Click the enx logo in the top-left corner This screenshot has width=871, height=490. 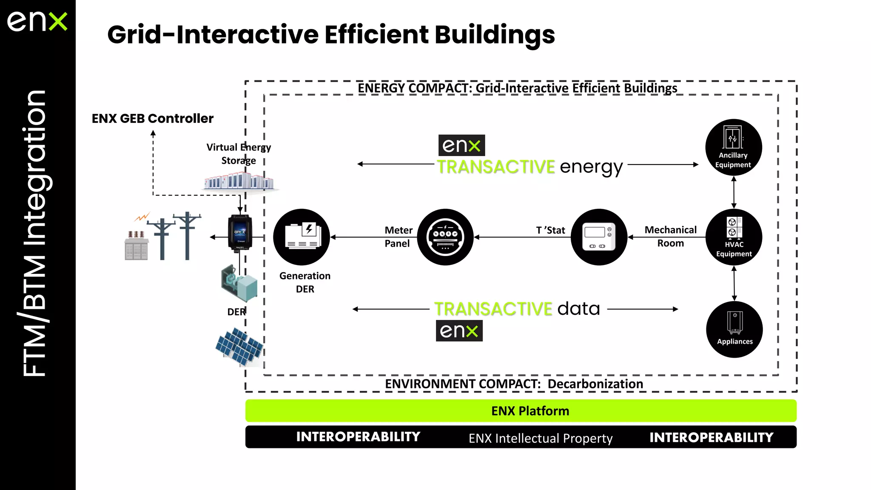(37, 21)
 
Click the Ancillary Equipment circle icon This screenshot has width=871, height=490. (733, 147)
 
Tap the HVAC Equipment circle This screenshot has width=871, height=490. (734, 237)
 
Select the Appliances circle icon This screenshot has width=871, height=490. (734, 329)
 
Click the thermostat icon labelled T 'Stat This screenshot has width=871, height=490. (599, 237)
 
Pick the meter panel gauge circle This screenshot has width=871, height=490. (445, 237)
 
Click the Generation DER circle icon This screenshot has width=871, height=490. (302, 237)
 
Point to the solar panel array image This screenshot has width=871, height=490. (239, 347)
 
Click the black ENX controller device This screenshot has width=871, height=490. (240, 233)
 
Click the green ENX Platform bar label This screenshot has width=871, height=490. (530, 411)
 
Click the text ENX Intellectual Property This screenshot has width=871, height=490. (540, 438)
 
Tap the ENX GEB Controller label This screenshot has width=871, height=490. (152, 118)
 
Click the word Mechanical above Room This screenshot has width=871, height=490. (670, 230)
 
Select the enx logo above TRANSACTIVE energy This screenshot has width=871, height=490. (461, 145)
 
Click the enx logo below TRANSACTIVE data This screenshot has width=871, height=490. (459, 330)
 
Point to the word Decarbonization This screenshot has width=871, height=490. (595, 384)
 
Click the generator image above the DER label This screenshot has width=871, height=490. (239, 283)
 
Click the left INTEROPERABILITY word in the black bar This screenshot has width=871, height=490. (358, 437)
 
